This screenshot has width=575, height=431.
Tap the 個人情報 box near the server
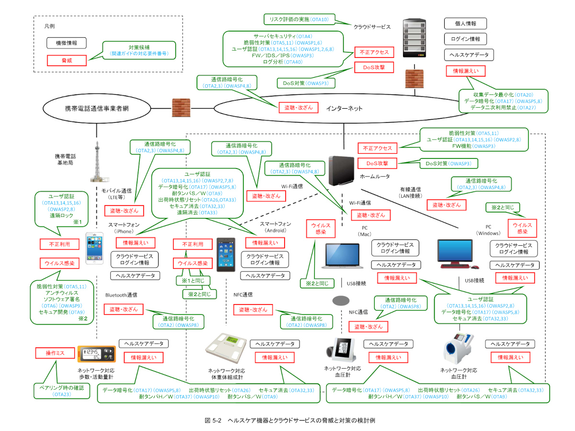(x=465, y=24)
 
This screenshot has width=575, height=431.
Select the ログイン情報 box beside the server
(x=465, y=39)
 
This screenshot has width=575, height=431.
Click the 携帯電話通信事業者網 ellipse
(x=97, y=108)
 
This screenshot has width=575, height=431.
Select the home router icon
(x=343, y=170)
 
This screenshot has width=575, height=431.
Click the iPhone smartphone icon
(x=94, y=249)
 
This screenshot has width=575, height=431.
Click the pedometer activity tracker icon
(x=96, y=355)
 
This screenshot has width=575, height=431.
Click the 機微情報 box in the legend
(x=67, y=43)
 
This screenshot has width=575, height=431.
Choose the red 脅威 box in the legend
(x=67, y=60)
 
